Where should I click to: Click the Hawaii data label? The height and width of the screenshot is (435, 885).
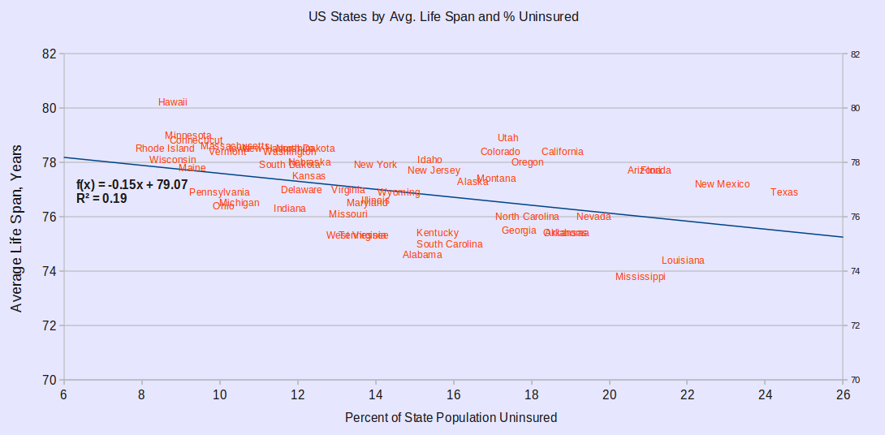[173, 102]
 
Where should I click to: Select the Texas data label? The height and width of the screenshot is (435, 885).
[784, 192]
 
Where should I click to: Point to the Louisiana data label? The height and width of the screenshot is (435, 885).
[683, 261]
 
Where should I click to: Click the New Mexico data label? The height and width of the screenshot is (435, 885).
[722, 184]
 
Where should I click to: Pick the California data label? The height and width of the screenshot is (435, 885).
[562, 152]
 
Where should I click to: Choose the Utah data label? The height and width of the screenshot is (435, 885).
[507, 138]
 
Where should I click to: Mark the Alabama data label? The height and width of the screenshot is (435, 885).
[422, 255]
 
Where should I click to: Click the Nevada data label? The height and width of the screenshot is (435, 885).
[594, 217]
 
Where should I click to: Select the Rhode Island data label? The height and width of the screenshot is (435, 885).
[165, 149]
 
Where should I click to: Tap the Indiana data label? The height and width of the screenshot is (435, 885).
[290, 209]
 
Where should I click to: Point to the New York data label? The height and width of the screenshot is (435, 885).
[375, 165]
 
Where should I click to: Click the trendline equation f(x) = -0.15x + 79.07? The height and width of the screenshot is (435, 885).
[132, 185]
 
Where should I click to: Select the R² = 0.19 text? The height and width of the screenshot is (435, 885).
[101, 198]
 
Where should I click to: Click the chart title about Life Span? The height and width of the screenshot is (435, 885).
[443, 16]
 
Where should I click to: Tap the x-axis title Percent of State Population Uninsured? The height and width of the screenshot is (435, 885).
[451, 417]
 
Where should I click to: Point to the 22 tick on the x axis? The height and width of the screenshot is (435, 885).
[687, 394]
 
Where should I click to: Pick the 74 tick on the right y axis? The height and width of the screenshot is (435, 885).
[855, 271]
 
